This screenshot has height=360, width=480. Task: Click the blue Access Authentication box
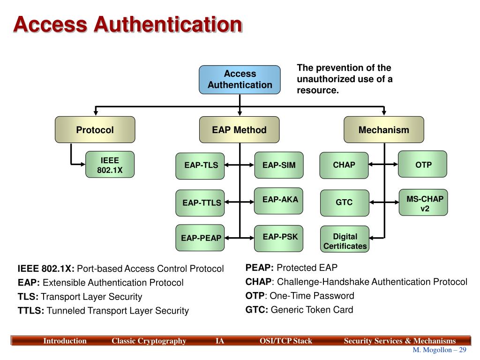(x=240, y=80)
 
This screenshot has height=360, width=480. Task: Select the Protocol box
(x=95, y=130)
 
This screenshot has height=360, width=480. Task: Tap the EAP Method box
(x=239, y=130)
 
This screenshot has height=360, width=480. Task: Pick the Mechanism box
(x=383, y=130)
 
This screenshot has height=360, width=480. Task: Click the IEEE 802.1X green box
(x=110, y=165)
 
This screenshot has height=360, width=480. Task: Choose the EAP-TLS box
(x=200, y=165)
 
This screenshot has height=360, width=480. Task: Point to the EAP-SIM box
(x=279, y=165)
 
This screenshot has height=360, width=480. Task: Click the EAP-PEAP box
(x=200, y=238)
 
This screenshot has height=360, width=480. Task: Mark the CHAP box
(x=344, y=165)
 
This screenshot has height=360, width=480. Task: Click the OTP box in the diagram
(x=423, y=165)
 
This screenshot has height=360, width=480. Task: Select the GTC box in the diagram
(x=344, y=202)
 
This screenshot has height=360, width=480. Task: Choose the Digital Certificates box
(x=345, y=241)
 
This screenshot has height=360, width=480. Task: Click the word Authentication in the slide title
(x=168, y=24)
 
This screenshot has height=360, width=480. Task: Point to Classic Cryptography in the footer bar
(x=149, y=341)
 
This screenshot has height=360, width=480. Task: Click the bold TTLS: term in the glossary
(x=31, y=310)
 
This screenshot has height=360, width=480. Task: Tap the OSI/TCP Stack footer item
(x=285, y=341)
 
